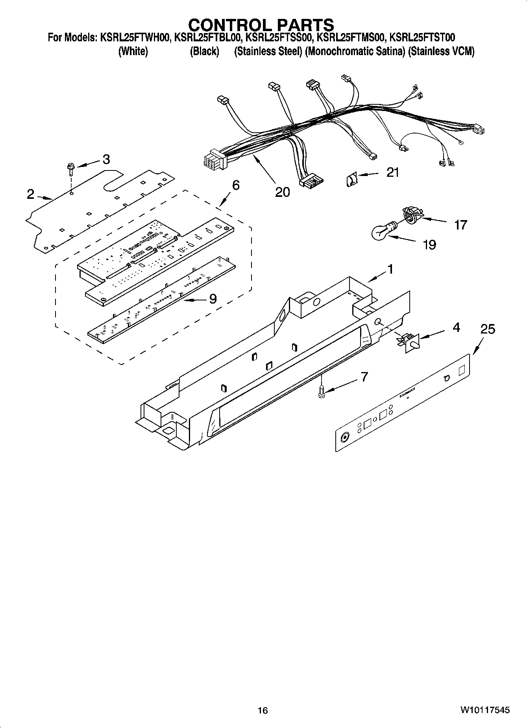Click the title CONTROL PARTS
point(261,25)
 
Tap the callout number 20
point(282,192)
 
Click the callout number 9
point(213,299)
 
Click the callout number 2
point(31,194)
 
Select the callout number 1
point(390,269)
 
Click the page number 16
point(263,710)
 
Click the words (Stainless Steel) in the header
point(268,52)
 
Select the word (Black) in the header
point(204,52)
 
